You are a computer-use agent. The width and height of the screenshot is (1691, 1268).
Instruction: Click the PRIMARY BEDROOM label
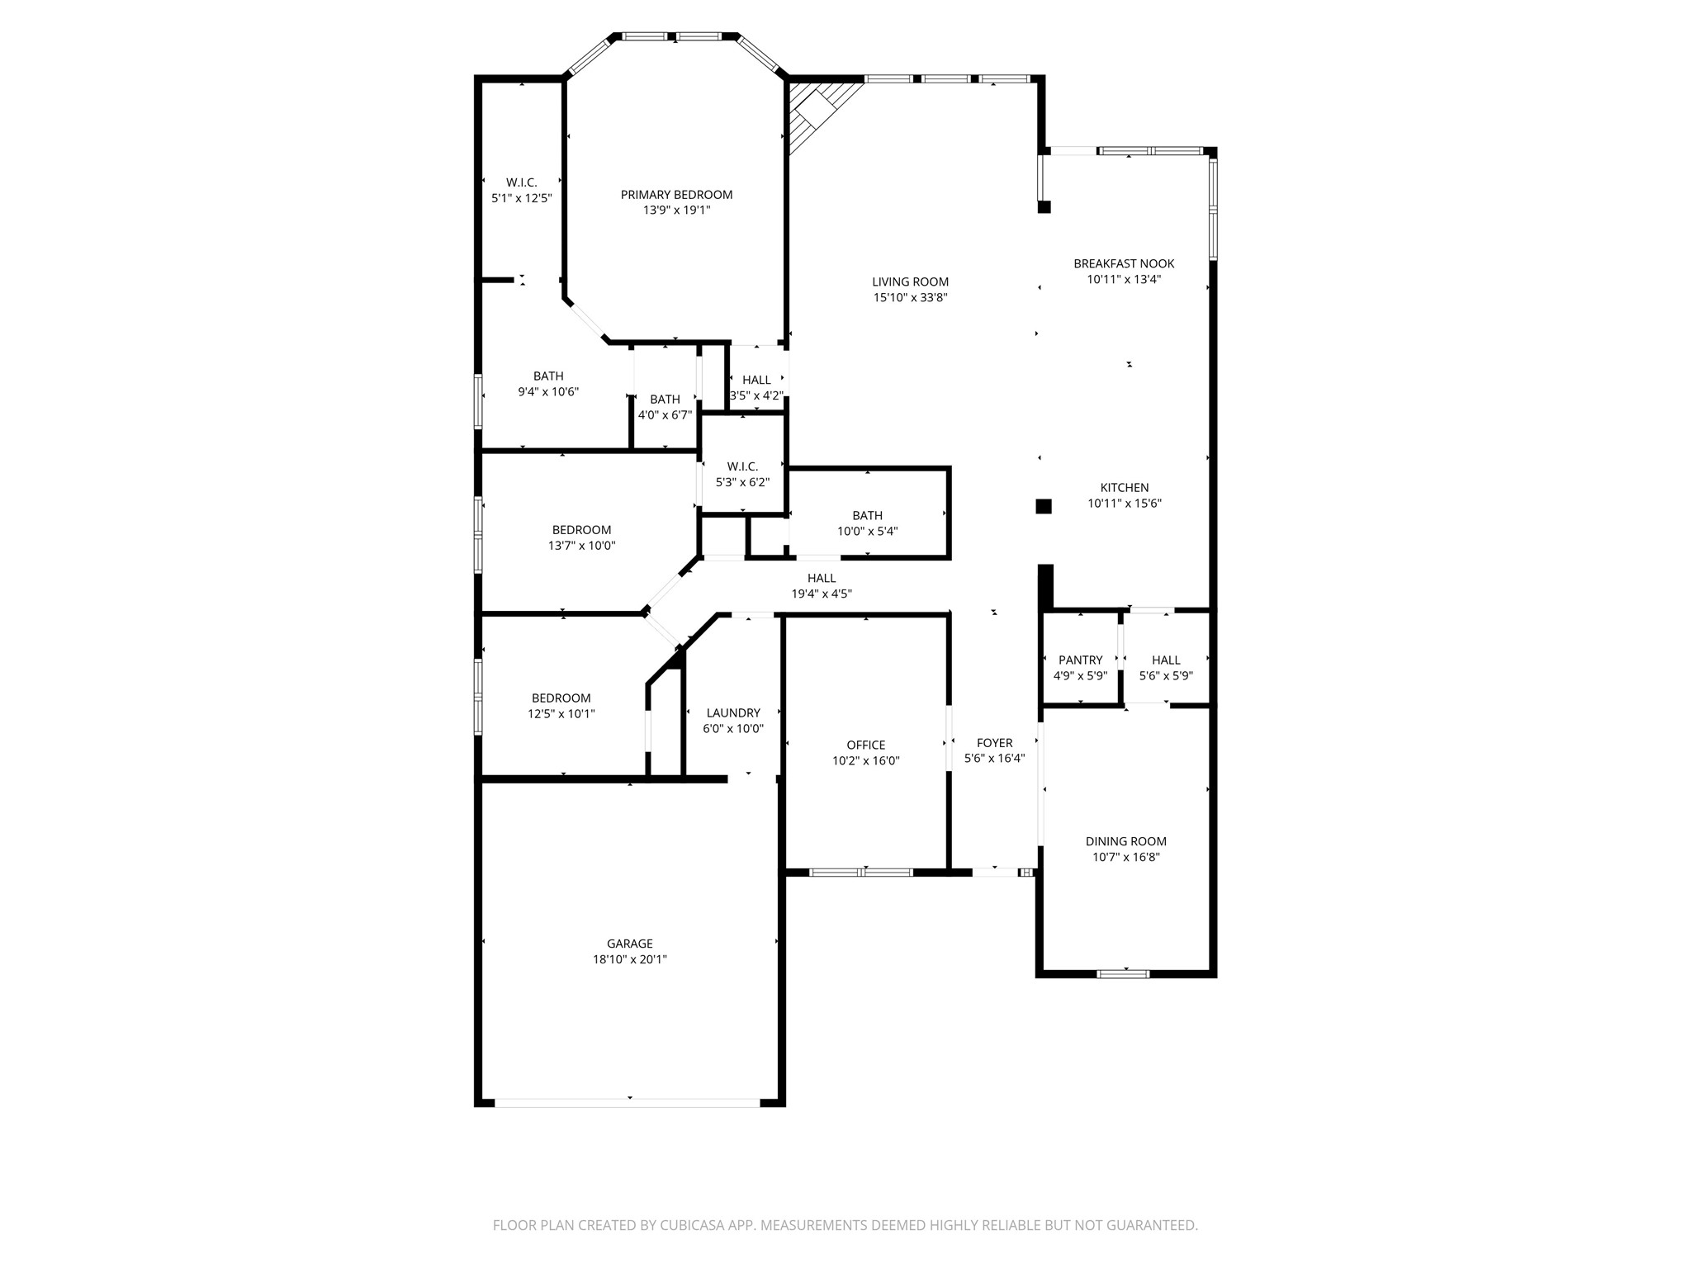tap(676, 195)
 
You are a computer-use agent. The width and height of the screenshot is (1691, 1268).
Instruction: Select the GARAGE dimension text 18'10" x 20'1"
tap(629, 959)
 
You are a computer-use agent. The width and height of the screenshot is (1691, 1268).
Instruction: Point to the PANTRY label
tap(1080, 660)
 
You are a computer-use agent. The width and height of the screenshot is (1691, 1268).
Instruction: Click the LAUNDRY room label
tap(733, 713)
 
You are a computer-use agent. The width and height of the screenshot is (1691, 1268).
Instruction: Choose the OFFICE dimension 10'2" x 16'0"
tap(865, 761)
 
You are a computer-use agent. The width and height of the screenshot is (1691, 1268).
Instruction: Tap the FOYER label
tap(994, 743)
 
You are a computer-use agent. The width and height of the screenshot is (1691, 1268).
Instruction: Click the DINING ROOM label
tap(1125, 841)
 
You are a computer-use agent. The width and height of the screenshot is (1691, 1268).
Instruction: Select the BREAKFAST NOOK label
tap(1124, 263)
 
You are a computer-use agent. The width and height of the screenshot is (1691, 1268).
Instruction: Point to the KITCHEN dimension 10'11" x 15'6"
tap(1124, 504)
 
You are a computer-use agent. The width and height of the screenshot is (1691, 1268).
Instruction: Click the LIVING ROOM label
tap(910, 282)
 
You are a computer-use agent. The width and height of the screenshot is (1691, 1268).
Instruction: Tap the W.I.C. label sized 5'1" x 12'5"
tap(521, 182)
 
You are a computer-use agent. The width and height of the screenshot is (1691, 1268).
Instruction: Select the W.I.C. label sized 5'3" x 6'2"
tap(742, 466)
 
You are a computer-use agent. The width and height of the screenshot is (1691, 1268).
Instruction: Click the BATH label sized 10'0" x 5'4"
tap(867, 515)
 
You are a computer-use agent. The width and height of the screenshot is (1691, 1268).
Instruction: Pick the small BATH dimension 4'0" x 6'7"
tap(665, 415)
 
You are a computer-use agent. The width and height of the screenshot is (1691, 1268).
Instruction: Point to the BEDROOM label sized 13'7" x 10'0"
tap(581, 530)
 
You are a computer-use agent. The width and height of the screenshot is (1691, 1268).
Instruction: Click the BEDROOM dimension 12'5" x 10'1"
tap(561, 714)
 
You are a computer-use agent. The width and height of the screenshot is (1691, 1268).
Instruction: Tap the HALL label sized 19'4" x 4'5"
tap(821, 578)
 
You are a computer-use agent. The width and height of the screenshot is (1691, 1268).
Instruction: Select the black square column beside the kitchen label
tap(1044, 506)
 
